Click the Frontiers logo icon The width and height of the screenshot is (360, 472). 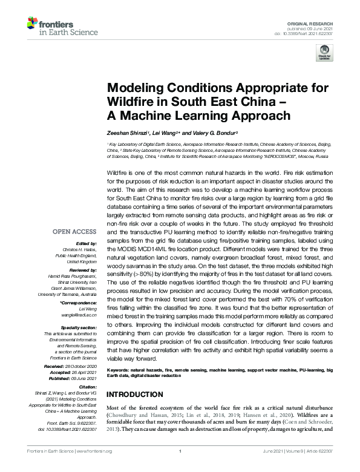tap(33, 25)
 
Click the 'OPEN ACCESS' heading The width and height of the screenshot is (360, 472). tap(74, 232)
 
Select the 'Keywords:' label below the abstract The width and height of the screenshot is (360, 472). tap(120, 369)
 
